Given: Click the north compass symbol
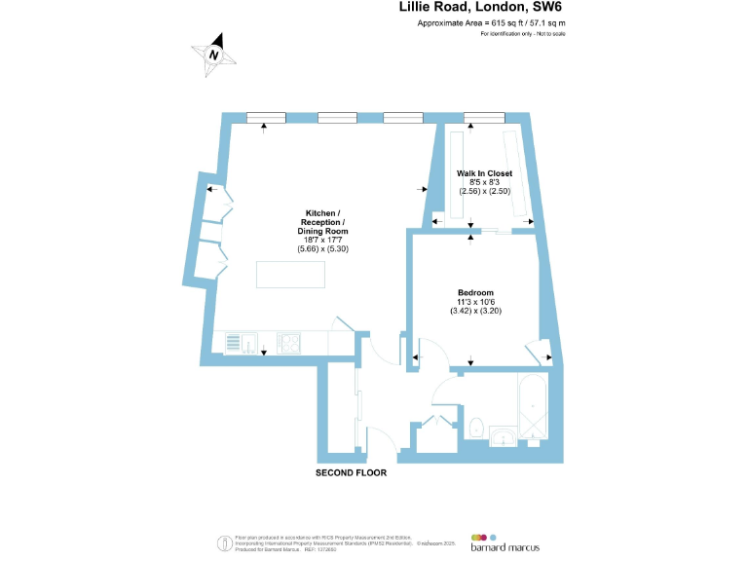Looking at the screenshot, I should [x=215, y=54].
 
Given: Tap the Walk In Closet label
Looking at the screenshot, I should [x=484, y=173].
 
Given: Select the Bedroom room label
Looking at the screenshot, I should [x=476, y=293].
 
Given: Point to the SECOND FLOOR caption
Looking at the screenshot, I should [x=351, y=473].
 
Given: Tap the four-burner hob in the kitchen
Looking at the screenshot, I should [x=289, y=342].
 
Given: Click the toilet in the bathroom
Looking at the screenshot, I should [x=477, y=428].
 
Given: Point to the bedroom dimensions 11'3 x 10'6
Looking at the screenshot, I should [x=476, y=302].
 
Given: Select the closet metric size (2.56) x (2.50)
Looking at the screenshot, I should [x=484, y=191].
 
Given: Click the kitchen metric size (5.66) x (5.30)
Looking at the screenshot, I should [x=322, y=249].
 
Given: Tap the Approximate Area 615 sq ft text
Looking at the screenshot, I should [x=491, y=22].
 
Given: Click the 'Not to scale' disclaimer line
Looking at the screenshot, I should [x=522, y=34].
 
